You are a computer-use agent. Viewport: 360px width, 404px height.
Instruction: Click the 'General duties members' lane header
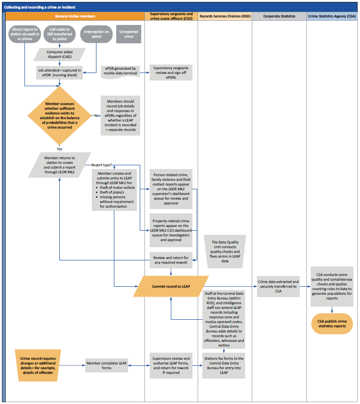(75, 16)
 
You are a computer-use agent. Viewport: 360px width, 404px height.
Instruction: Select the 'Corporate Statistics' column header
(279, 16)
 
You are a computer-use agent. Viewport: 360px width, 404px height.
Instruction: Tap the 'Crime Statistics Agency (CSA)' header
(332, 16)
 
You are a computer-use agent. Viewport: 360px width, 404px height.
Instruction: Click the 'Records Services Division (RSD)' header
(225, 16)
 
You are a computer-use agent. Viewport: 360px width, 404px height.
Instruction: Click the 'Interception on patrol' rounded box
(96, 34)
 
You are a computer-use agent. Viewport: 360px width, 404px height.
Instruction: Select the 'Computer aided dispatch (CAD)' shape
(59, 54)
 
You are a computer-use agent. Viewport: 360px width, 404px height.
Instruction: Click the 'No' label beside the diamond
(97, 115)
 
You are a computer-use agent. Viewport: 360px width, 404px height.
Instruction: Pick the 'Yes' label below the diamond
(59, 149)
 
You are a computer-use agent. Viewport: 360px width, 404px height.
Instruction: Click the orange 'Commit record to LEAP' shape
(171, 286)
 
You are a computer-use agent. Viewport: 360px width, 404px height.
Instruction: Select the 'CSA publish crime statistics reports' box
(332, 323)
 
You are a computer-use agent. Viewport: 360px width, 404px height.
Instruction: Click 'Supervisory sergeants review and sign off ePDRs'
(171, 73)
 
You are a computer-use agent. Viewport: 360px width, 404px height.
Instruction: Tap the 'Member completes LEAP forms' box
(106, 364)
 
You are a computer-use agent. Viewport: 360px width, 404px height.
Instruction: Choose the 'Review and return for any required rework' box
(171, 260)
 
